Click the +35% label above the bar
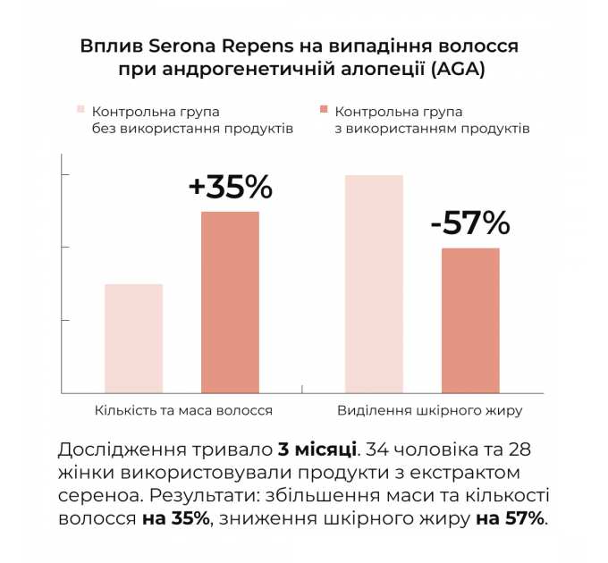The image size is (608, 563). coord(230,187)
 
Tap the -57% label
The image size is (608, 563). coord(470,223)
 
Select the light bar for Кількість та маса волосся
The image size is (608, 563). coord(133,338)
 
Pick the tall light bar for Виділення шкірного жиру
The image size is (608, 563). coord(374,283)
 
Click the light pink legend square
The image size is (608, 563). coord(80,111)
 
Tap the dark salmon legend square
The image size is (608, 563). coord(324,111)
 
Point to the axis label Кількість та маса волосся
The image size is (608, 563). coord(183,411)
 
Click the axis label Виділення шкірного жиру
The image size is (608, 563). coord(429,411)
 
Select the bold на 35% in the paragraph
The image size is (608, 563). coord(175,518)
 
